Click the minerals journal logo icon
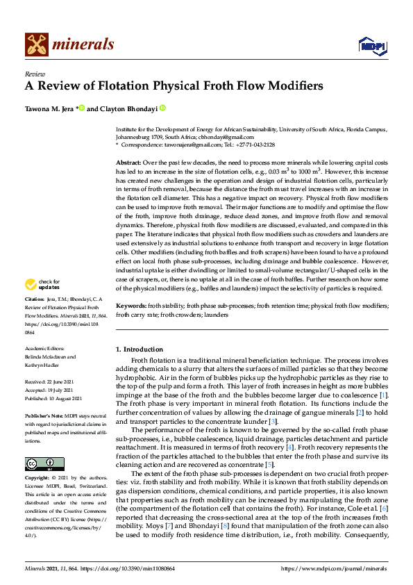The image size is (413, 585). coord(36,44)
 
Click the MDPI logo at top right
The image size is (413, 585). coord(371,46)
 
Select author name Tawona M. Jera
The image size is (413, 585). coord(49,108)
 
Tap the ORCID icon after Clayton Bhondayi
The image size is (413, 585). coord(163,108)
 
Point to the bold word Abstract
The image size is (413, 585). coord(130,161)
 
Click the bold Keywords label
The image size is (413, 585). coord(130,306)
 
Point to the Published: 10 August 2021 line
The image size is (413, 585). coord(53,397)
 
